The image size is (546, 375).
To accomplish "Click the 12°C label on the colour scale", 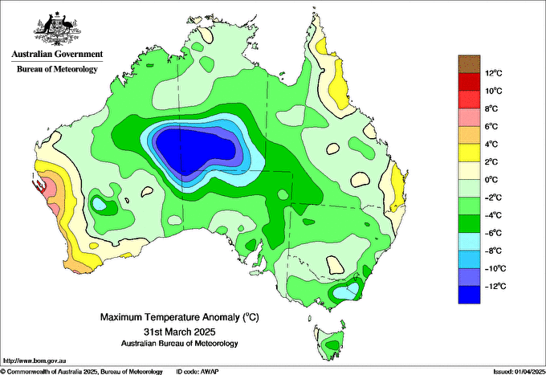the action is coord(494,73).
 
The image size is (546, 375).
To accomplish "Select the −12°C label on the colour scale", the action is coord(495,286).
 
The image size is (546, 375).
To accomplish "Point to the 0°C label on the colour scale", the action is coord(491,180).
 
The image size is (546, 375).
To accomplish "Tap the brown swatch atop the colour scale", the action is coord(469,63).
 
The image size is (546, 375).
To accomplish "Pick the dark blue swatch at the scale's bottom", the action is coord(469,295).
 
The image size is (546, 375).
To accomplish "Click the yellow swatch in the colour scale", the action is coord(469,153).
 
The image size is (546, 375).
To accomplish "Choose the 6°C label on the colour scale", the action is coord(491,126).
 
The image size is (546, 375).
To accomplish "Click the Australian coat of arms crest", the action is coord(57,29).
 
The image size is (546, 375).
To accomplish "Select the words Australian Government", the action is coord(57,54).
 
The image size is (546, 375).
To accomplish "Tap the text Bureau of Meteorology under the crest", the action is coord(57,69).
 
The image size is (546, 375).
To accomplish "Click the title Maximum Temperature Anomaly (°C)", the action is coord(180,317).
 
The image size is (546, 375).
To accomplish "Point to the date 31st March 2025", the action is coord(180,331).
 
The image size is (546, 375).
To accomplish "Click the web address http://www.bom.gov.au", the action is coord(34,361).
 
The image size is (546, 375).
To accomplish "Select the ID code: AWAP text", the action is coord(198,372).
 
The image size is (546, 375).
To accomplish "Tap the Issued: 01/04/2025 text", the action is coord(520,372).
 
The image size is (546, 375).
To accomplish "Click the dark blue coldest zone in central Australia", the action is coord(195,149).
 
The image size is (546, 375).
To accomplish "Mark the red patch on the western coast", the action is coord(39,186).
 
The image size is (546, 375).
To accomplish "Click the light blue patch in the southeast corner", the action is coord(346,291).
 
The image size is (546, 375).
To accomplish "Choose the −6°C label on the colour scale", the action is coord(493,233).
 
